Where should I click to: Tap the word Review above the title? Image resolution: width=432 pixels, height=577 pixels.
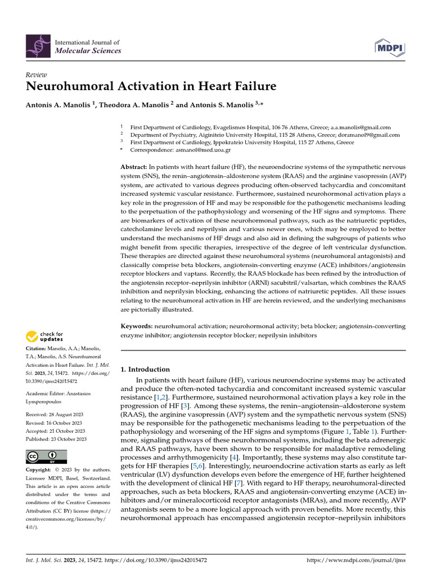37,76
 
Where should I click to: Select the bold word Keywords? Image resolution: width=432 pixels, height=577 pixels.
137,326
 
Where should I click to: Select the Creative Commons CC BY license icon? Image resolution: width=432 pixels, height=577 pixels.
46,456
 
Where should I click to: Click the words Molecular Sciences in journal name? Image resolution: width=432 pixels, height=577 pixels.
87,51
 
